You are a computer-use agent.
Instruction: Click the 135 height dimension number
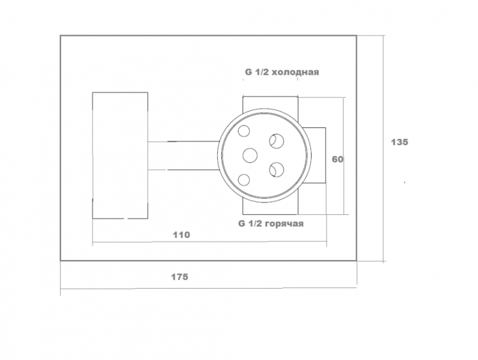[x=400, y=142]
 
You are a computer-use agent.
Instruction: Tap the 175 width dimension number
[x=180, y=277]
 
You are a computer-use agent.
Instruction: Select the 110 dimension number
[x=182, y=234]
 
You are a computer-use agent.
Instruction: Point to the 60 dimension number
[x=337, y=159]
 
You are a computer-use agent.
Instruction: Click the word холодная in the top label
[x=295, y=72]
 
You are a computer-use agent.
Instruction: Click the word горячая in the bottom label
[x=284, y=224]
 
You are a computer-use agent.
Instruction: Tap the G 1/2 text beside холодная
[x=256, y=72]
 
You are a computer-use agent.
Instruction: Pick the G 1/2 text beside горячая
[x=250, y=224]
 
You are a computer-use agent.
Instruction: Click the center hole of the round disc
[x=250, y=155]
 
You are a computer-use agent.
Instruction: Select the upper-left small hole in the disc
[x=244, y=131]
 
